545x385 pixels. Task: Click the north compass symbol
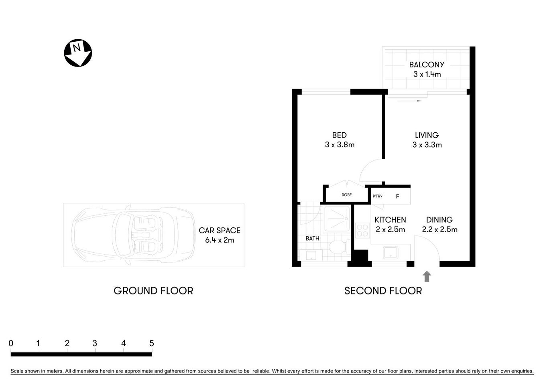tap(78, 53)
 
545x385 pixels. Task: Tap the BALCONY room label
tap(427, 65)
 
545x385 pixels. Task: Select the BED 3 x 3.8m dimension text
tap(340, 145)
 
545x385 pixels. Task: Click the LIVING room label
tap(427, 135)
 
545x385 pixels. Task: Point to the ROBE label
tap(347, 195)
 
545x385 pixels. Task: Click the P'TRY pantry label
tap(377, 196)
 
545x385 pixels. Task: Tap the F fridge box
tap(398, 197)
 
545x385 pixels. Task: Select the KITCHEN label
tap(390, 220)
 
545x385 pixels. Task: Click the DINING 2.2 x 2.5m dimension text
tap(439, 229)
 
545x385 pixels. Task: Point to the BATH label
tap(312, 238)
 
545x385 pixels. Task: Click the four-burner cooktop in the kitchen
tap(362, 231)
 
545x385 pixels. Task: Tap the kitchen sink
tap(390, 253)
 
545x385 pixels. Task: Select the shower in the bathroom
tap(337, 219)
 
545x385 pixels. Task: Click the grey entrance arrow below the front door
tap(427, 276)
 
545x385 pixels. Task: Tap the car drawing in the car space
tap(133, 235)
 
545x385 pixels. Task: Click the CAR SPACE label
tap(220, 231)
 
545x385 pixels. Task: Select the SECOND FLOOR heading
tap(383, 291)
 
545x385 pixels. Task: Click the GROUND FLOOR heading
tap(153, 291)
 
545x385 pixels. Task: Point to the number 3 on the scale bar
tap(95, 343)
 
